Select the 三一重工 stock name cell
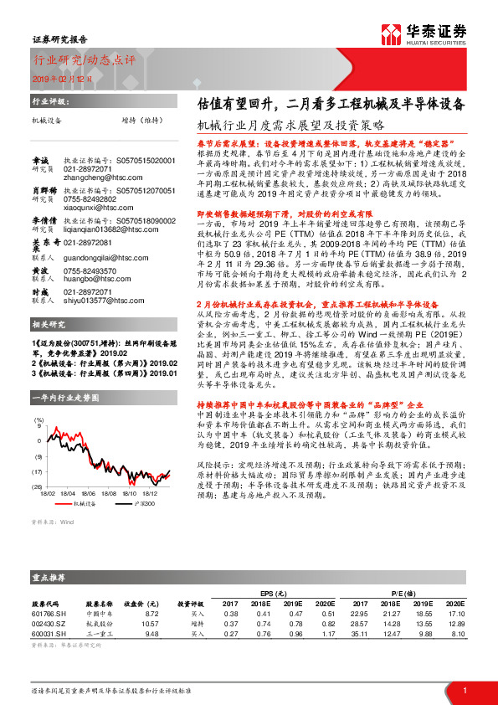tap(99, 634)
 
